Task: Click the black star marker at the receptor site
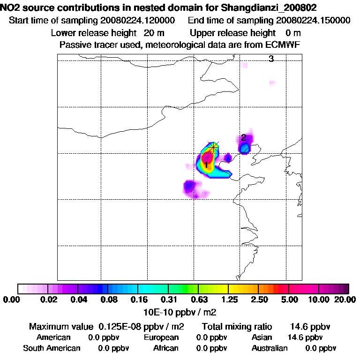214,147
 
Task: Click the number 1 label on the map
206,165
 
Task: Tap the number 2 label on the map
244,137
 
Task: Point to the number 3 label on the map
271,59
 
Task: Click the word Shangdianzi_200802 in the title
276,8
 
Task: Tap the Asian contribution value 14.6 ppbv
305,337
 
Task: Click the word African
166,348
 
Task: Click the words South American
52,348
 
